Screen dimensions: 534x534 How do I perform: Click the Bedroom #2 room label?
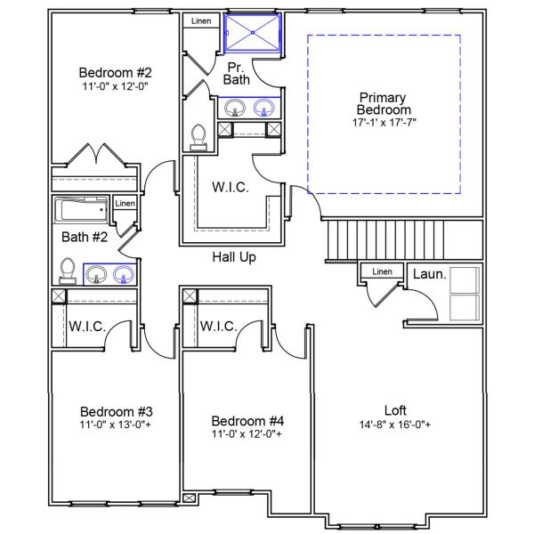pos(116,73)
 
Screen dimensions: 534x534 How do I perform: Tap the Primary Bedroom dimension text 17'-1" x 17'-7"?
pos(384,122)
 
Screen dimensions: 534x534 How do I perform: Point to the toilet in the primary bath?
pos(199,136)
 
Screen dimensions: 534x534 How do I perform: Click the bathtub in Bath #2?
pos(81,213)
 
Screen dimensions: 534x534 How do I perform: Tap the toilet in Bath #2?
pos(67,270)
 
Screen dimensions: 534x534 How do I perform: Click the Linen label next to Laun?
pos(382,271)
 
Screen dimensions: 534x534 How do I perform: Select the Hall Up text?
pos(234,257)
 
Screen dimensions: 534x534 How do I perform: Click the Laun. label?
pos(429,274)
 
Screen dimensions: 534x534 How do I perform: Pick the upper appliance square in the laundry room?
pos(465,279)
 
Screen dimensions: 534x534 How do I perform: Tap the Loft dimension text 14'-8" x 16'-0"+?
pos(396,425)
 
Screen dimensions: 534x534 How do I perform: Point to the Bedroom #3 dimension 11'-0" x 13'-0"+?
pos(117,425)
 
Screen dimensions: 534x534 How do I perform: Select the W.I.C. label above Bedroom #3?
pos(87,327)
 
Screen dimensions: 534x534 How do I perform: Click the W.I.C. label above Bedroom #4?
pos(218,327)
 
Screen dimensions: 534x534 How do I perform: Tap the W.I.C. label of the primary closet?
pos(230,188)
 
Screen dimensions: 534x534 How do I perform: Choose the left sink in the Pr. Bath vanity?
pos(235,109)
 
